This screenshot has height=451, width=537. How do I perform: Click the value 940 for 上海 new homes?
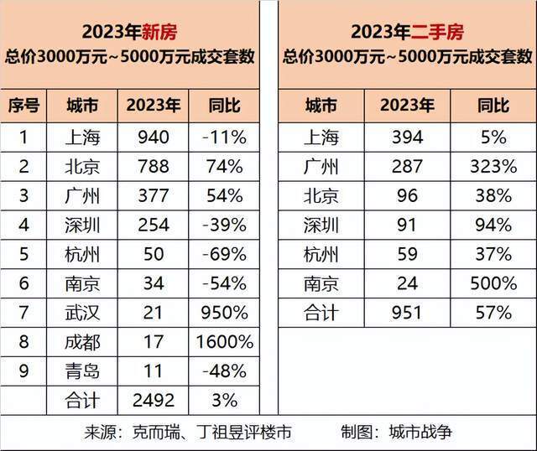point(152,137)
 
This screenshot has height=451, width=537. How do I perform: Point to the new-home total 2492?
point(152,400)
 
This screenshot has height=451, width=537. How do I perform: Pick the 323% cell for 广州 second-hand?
point(493,167)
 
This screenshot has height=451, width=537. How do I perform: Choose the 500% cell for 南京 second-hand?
point(493,283)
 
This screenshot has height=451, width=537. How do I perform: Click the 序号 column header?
point(24,106)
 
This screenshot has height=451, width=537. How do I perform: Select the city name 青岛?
point(81,371)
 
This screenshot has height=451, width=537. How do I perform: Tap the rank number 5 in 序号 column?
point(23,254)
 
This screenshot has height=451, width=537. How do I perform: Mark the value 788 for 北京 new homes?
point(152,167)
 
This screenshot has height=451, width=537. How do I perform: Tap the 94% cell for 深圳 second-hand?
point(493,225)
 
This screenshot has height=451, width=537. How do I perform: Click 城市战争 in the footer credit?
point(420,433)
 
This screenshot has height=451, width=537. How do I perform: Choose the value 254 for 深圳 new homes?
point(152,225)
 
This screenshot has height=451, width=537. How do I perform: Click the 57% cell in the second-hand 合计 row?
point(493,313)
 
